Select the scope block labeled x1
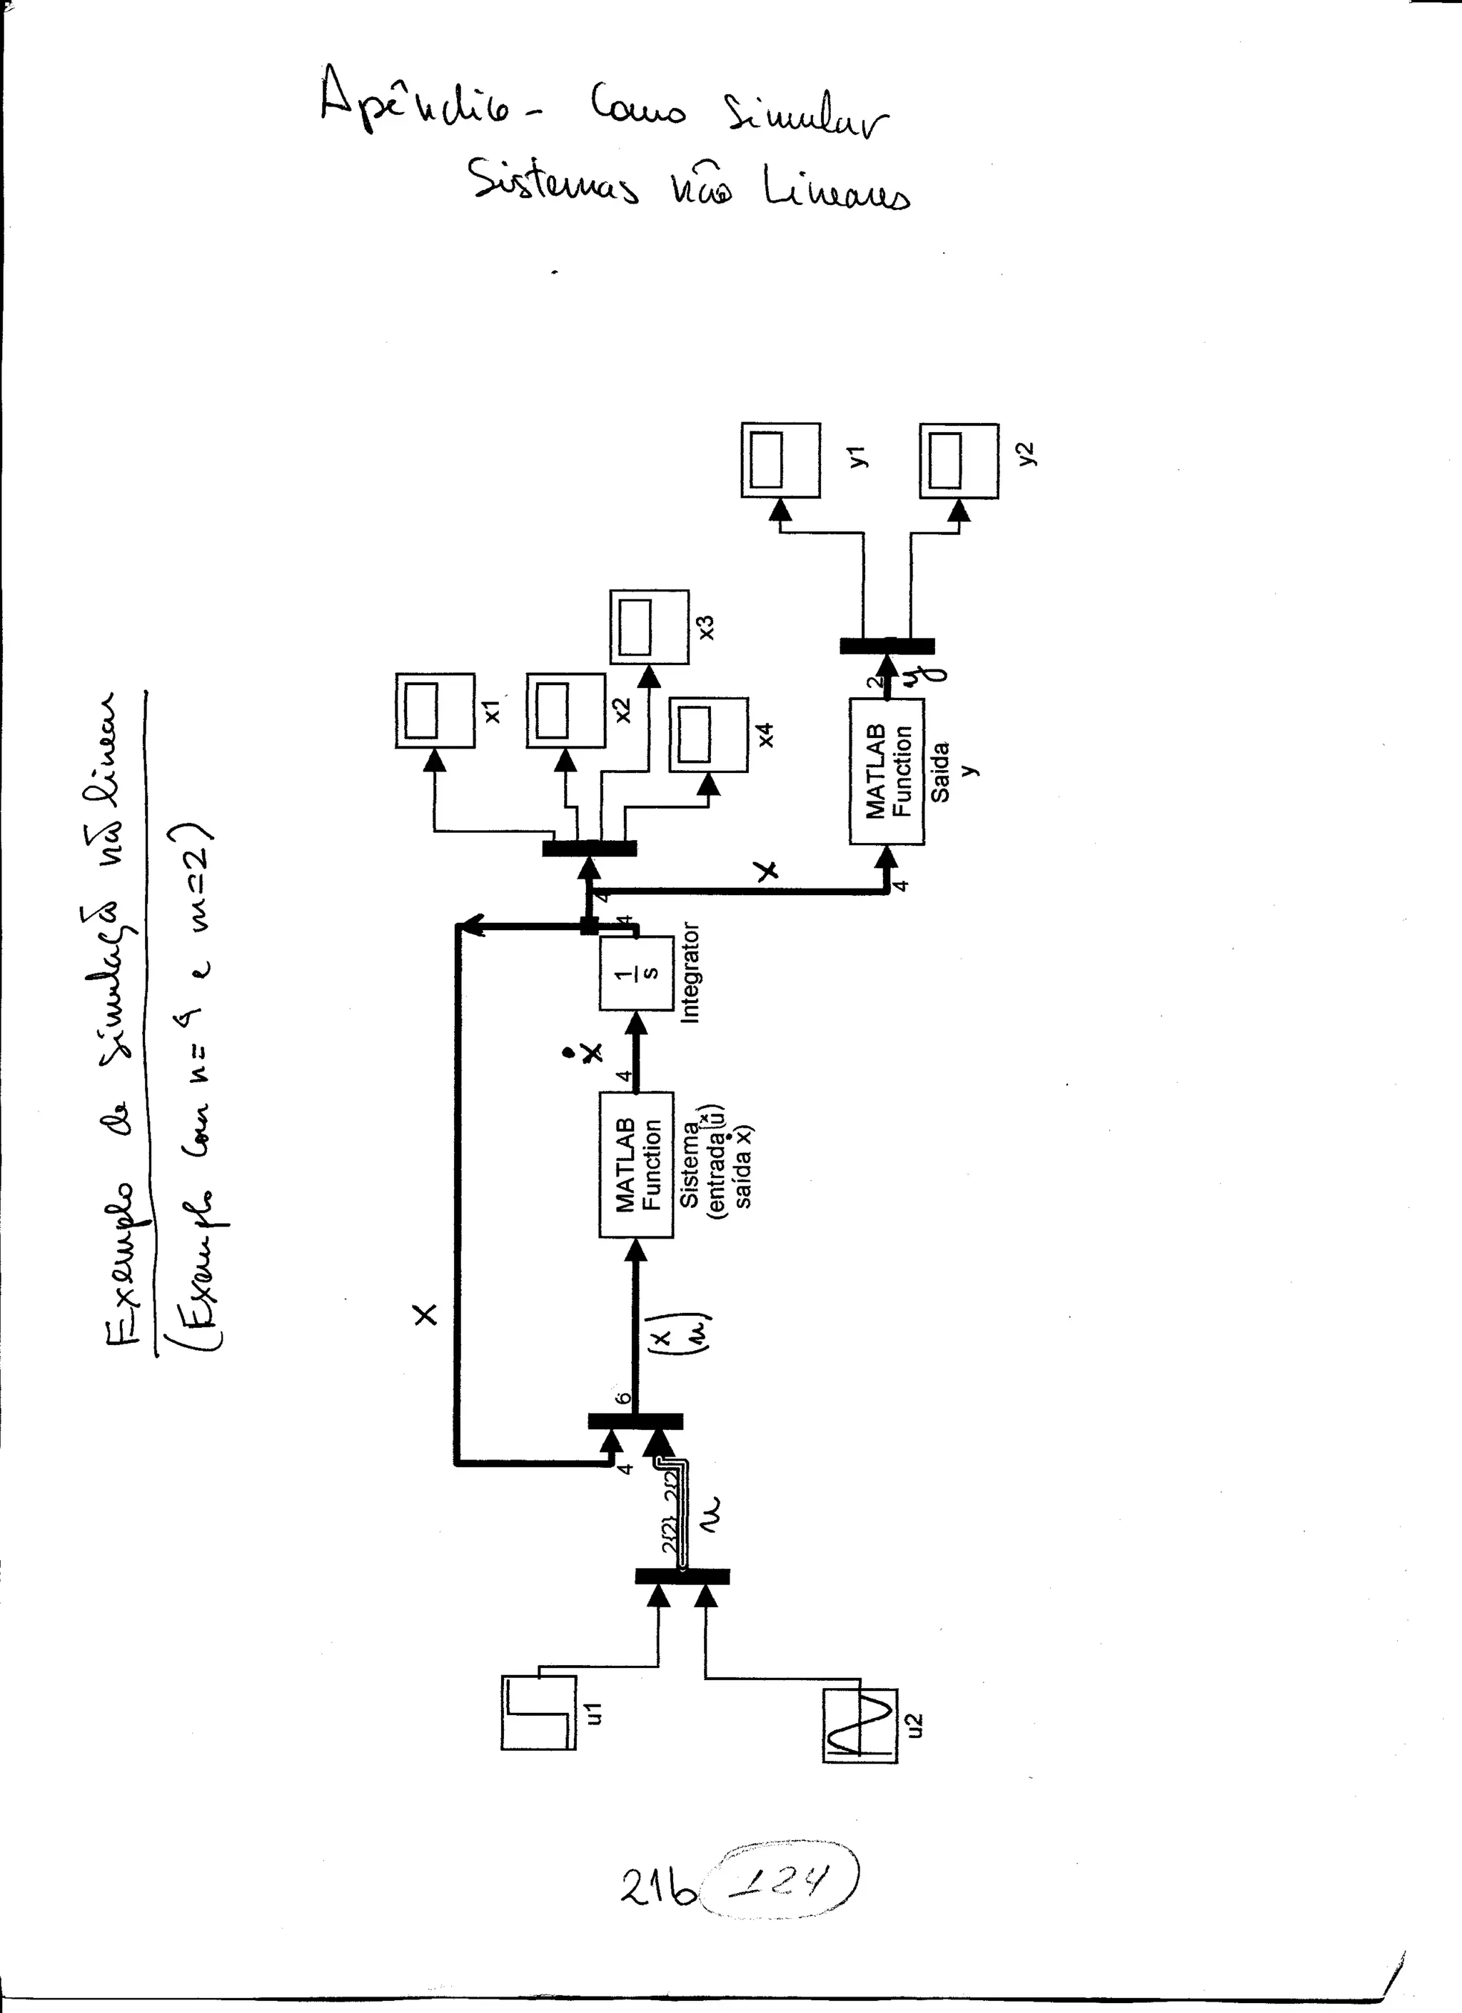[x=435, y=711]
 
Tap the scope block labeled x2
[x=566, y=711]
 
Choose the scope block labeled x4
[x=709, y=735]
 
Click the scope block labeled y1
[x=781, y=460]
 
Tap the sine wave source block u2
[x=860, y=1724]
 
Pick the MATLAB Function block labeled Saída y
[x=886, y=771]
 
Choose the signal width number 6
[x=624, y=1398]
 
